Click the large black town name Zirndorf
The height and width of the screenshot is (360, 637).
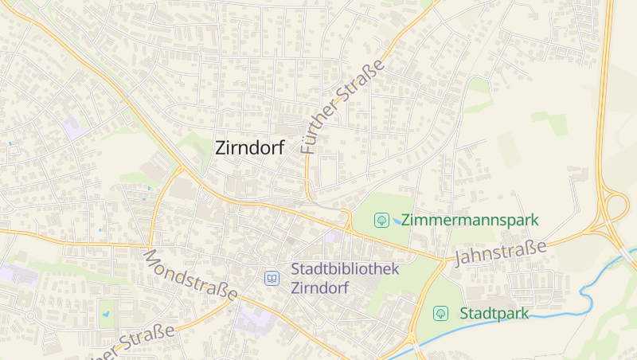pyautogui.click(x=249, y=147)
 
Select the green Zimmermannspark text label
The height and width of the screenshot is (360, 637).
pyautogui.click(x=470, y=219)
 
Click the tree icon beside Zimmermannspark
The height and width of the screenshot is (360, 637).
pyautogui.click(x=382, y=219)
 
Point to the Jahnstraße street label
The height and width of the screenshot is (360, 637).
pyautogui.click(x=500, y=252)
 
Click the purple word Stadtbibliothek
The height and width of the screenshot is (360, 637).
pyautogui.click(x=345, y=269)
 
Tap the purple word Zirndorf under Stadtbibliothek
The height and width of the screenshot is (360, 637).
pyautogui.click(x=319, y=288)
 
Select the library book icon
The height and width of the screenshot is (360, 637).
pyautogui.click(x=272, y=279)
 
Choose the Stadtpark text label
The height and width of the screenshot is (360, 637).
pyautogui.click(x=494, y=313)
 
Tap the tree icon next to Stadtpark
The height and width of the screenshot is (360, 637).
pyautogui.click(x=440, y=313)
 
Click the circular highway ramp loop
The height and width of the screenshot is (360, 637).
pyautogui.click(x=616, y=208)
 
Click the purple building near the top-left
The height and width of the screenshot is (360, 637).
pyautogui.click(x=76, y=127)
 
